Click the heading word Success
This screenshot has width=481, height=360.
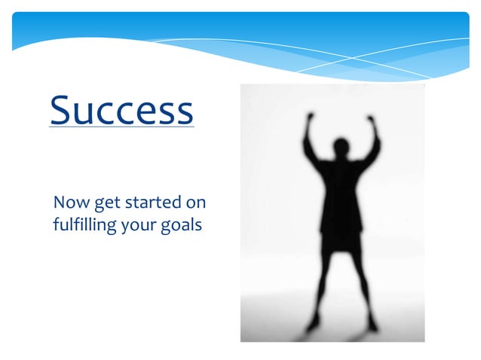[x=121, y=110]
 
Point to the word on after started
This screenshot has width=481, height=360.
[x=196, y=203]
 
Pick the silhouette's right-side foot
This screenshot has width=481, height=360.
[x=372, y=325]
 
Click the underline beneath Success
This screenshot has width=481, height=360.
[x=121, y=127]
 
